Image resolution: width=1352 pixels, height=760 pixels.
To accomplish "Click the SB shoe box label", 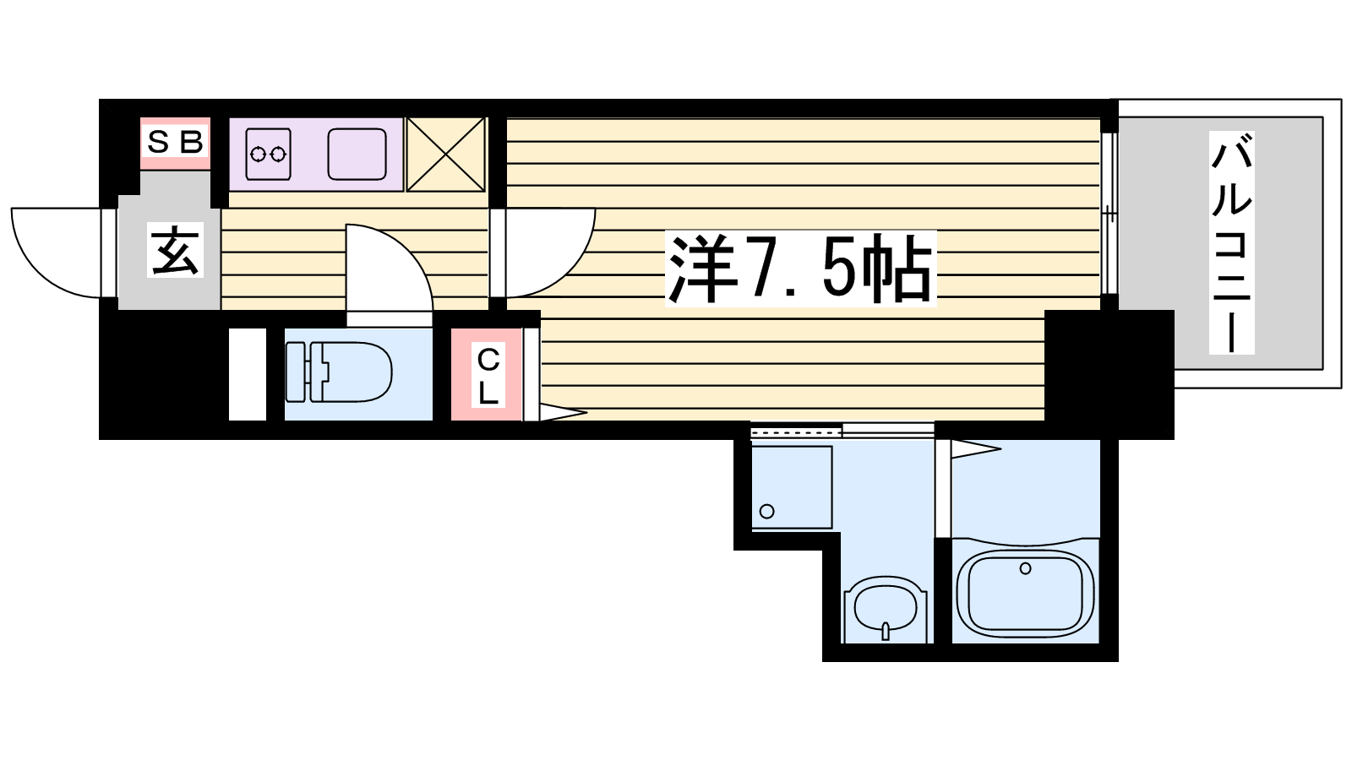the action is [x=175, y=143].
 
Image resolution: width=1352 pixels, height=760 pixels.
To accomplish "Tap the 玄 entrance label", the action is [x=175, y=250].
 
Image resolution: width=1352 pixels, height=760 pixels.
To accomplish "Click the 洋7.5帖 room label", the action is [x=800, y=269].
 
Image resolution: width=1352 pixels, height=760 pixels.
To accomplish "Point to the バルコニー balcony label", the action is [x=1232, y=242].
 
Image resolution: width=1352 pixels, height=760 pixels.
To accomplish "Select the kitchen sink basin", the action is [x=357, y=155].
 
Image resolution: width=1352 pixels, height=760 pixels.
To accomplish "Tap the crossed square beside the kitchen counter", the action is [x=446, y=155].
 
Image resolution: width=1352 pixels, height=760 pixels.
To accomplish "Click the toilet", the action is [x=339, y=372].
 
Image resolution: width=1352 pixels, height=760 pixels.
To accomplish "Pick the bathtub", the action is [x=1026, y=594].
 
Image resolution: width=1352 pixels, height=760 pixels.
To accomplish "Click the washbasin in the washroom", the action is [x=886, y=609].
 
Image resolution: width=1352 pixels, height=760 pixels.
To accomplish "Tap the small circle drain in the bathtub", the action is [x=1026, y=568].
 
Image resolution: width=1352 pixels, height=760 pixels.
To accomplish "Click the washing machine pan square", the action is [x=792, y=487].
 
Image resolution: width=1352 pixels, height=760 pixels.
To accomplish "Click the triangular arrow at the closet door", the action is [x=563, y=413].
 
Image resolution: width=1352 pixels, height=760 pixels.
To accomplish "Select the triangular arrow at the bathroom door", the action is [x=976, y=448].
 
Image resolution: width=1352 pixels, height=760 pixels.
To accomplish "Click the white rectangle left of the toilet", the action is [x=248, y=374].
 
